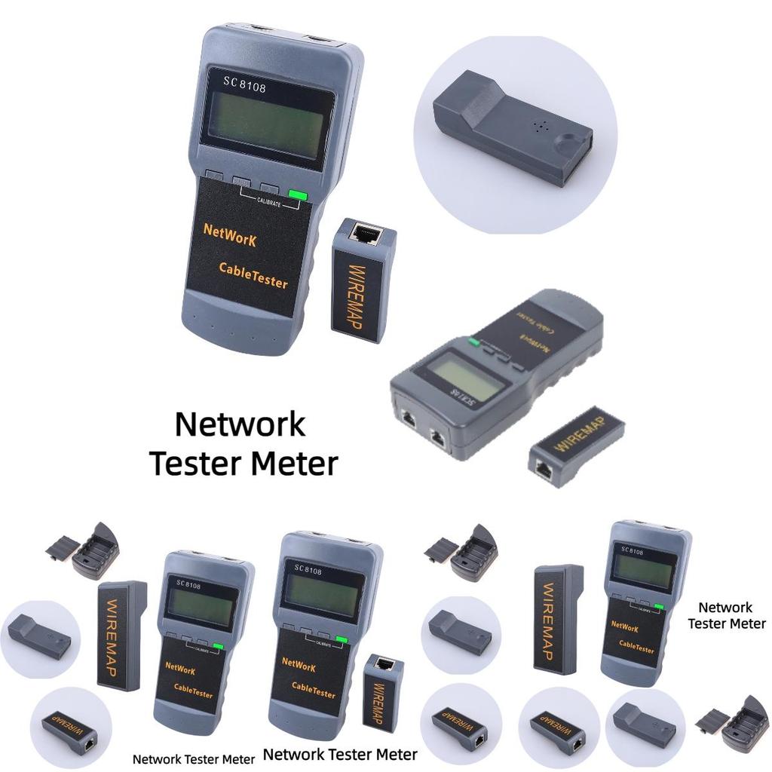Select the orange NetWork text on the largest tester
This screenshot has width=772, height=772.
click(x=230, y=235)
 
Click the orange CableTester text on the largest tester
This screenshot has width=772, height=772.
click(x=253, y=275)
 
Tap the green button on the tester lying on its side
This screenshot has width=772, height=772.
click(x=473, y=342)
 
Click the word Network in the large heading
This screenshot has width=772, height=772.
click(x=240, y=424)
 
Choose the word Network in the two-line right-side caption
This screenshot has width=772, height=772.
click(x=725, y=607)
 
